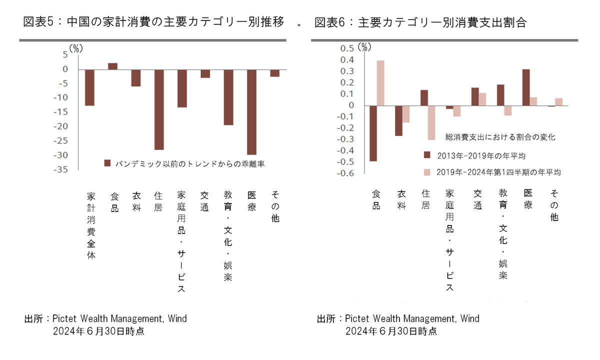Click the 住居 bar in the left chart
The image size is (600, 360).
(159, 109)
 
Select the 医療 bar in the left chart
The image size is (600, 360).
(251, 112)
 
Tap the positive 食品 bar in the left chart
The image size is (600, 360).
(112, 66)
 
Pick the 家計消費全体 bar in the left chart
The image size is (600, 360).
(89, 87)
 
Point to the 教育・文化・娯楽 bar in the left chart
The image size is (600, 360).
(228, 97)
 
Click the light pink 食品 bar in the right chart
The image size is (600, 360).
(380, 83)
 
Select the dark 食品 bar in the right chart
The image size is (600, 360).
(373, 133)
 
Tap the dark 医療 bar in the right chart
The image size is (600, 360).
(526, 87)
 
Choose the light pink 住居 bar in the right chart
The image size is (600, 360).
(431, 122)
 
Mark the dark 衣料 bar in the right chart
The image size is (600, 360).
(398, 120)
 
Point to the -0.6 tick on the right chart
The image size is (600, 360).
(346, 173)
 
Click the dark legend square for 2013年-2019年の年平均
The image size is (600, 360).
(427, 154)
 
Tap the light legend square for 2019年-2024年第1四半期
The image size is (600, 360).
(427, 172)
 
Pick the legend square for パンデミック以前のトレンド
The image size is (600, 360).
(107, 163)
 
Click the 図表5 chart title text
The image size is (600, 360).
(154, 22)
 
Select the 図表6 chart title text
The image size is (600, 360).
(420, 22)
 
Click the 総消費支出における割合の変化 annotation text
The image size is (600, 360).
(500, 136)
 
